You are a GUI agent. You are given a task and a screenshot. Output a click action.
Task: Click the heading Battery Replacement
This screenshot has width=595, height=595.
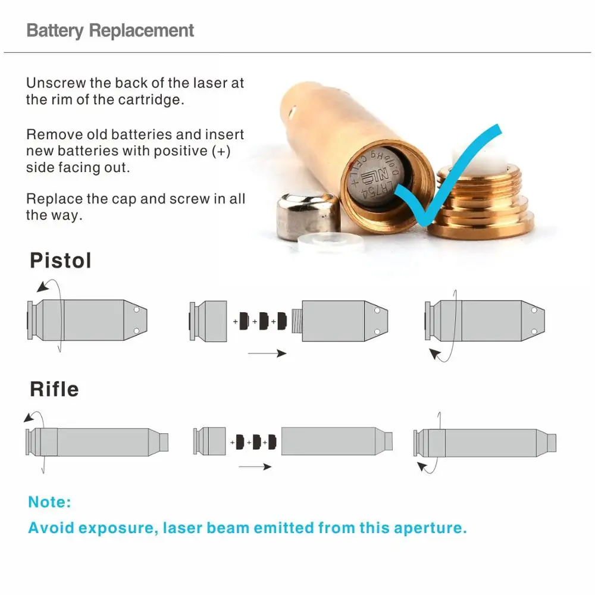(111, 30)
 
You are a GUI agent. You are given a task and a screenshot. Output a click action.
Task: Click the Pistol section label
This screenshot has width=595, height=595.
(61, 261)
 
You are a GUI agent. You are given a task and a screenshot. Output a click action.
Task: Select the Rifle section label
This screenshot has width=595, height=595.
(54, 389)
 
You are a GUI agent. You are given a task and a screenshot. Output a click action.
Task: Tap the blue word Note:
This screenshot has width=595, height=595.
(49, 502)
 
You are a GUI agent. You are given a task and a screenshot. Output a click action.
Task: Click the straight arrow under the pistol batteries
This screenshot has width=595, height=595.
(267, 353)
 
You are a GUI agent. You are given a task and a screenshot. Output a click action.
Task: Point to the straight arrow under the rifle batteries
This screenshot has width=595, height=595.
(255, 466)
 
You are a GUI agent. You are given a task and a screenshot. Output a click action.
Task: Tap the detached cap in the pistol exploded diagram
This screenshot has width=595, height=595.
(209, 321)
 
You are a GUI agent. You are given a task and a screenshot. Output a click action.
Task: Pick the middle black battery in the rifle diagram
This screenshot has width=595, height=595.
(256, 442)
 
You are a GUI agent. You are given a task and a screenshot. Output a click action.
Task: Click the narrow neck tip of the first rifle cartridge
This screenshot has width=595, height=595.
(164, 442)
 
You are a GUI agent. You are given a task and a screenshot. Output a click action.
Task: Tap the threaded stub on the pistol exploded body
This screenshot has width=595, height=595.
(297, 321)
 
